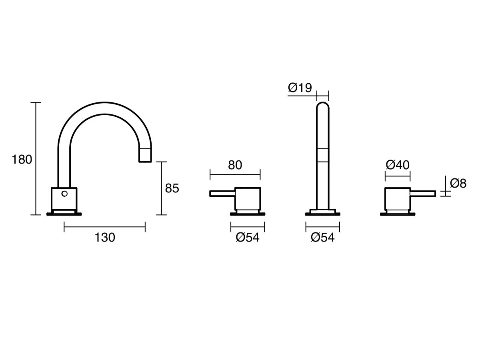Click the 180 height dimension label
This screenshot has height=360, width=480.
[22, 160]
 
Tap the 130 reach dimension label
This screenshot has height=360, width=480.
[105, 238]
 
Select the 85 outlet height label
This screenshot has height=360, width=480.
[172, 188]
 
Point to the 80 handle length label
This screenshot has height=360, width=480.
[235, 165]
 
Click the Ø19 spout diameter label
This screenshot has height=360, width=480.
[300, 88]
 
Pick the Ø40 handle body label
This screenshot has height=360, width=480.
[398, 165]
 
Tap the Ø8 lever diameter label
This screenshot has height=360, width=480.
[458, 183]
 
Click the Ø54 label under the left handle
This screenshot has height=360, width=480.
[248, 238]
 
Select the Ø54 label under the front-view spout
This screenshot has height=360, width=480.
[322, 238]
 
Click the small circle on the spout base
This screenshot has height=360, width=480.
[64, 194]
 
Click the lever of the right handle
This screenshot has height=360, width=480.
[423, 194]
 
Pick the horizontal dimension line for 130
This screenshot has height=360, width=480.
[105, 227]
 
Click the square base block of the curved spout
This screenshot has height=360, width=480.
[64, 199]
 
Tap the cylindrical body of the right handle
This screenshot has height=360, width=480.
[397, 198]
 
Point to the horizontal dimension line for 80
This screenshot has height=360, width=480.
[235, 174]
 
